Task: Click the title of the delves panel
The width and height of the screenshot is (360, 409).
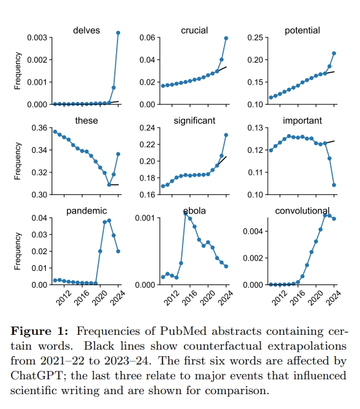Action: pyautogui.click(x=86, y=30)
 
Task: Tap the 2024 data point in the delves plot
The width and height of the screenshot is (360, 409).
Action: pyautogui.click(x=118, y=33)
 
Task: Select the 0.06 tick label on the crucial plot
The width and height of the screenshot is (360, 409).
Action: pyautogui.click(x=147, y=37)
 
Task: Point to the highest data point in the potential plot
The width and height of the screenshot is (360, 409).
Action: pyautogui.click(x=334, y=53)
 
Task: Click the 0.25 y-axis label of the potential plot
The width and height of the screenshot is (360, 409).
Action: pyautogui.click(x=255, y=37)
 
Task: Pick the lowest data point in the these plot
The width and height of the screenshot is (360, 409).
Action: pyautogui.click(x=109, y=185)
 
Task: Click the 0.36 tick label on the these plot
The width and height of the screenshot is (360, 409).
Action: pyautogui.click(x=39, y=128)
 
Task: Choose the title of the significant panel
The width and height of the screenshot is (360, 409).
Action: pyautogui.click(x=194, y=121)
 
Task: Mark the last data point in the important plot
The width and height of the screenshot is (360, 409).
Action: pyautogui.click(x=334, y=185)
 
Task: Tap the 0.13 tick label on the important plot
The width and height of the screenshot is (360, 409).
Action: pyautogui.click(x=255, y=128)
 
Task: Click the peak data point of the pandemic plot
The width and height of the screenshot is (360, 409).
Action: pyautogui.click(x=109, y=221)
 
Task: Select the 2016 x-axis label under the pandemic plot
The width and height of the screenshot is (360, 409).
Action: pyautogui.click(x=81, y=298)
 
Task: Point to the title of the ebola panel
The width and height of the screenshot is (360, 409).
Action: pyautogui.click(x=194, y=211)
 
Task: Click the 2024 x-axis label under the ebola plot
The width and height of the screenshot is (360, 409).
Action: pyautogui.click(x=225, y=298)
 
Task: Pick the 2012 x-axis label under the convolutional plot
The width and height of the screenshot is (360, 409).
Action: pyautogui.click(x=279, y=298)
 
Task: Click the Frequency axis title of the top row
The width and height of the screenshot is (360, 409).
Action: pyautogui.click(x=17, y=71)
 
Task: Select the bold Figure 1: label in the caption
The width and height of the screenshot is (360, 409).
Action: pyautogui.click(x=39, y=332)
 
